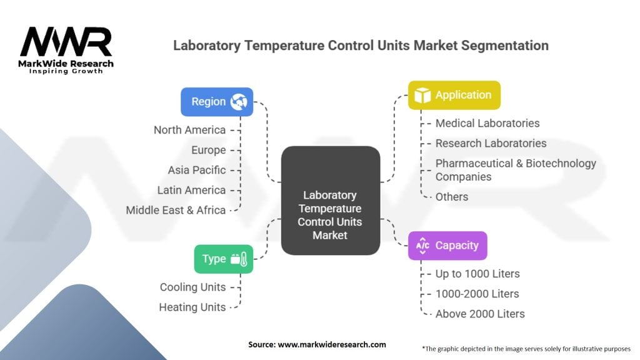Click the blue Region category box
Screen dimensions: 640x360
[x=217, y=102]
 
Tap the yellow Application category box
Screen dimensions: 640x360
[x=454, y=95]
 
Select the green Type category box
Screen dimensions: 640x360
[x=224, y=259]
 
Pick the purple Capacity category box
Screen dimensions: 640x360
[x=447, y=246]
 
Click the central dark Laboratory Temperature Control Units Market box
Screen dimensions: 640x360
[x=330, y=200]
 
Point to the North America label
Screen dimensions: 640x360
[x=190, y=130]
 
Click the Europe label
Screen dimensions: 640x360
[x=209, y=150]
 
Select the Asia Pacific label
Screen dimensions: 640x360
[x=197, y=170]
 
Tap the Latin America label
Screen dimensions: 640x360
[x=191, y=190]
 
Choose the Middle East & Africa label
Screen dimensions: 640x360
[x=176, y=210]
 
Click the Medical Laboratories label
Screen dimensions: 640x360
[x=487, y=123]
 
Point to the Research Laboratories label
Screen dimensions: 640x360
[x=491, y=143]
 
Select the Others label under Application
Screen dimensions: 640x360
[x=452, y=197]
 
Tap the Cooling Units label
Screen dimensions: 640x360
[x=192, y=287]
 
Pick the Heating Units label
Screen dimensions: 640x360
[x=192, y=307]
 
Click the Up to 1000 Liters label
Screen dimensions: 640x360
[x=477, y=274]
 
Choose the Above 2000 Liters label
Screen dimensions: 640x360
[x=480, y=314]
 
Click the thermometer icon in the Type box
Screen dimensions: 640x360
[x=243, y=259]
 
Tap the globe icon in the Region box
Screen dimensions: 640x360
[x=237, y=102]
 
